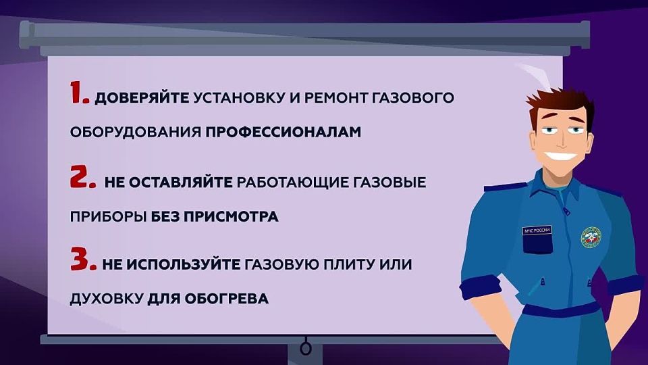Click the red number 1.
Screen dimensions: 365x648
coord(80,95)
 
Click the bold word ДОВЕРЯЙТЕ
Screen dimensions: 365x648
coord(142,99)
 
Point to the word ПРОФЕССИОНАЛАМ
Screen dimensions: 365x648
coord(279,132)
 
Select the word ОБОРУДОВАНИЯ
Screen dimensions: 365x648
coord(134,132)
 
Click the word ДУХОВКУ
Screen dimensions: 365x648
coord(106,297)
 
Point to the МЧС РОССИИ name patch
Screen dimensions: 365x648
coord(537,231)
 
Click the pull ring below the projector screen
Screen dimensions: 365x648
coord(306,349)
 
